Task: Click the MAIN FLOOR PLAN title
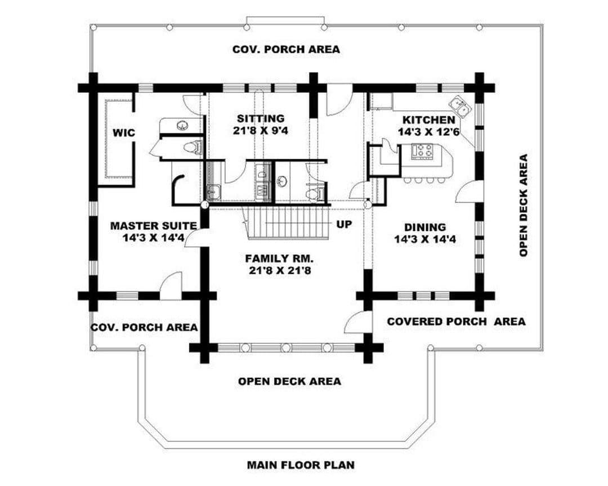(301, 464)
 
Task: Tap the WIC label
(124, 133)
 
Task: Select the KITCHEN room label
(428, 120)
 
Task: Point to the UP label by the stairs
(344, 224)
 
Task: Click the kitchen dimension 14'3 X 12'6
(428, 132)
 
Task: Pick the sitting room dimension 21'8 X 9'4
(261, 130)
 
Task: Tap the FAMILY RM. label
(279, 258)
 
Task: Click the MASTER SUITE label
(154, 226)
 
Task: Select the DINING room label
(425, 227)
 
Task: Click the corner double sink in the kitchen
(461, 106)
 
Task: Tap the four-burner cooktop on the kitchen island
(422, 151)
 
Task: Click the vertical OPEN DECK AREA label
(524, 205)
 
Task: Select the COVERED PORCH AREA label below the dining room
(457, 321)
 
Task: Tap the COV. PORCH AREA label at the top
(286, 49)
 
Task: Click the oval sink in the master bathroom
(181, 125)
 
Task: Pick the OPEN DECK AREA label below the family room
(290, 381)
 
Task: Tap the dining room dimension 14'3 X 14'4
(425, 239)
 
